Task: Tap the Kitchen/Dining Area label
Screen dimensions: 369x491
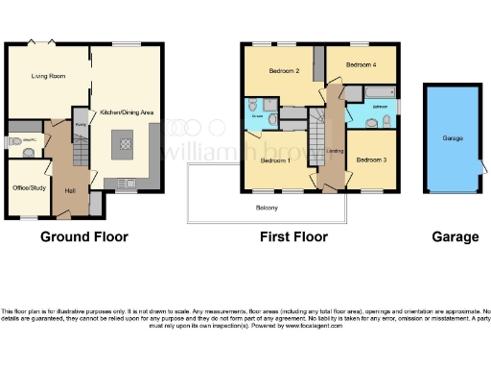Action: (122, 112)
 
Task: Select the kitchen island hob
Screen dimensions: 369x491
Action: (125, 145)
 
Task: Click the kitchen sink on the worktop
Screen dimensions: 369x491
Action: (127, 183)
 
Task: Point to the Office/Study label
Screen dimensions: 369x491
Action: (28, 186)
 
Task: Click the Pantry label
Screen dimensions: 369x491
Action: (81, 125)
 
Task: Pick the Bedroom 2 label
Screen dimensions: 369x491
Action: (285, 71)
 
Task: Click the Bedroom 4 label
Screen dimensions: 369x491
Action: (361, 64)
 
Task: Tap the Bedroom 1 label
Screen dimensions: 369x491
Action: (276, 160)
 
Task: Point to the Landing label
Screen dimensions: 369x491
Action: (335, 151)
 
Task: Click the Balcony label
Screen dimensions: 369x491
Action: (268, 208)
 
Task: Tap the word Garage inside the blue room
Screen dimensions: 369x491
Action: (453, 138)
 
